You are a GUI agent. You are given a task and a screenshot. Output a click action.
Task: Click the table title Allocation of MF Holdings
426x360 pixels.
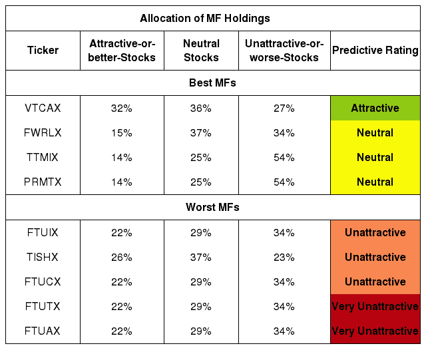pos(205,18)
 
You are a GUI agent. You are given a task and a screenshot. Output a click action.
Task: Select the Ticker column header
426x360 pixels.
pos(43,51)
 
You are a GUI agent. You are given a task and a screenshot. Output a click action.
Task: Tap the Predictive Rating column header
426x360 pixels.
pos(375,51)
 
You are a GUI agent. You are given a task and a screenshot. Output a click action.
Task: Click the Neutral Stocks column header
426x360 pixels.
pos(201,51)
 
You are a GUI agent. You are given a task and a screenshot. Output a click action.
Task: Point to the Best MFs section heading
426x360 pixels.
pos(212,83)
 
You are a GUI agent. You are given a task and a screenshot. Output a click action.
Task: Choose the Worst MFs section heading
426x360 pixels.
pos(212,207)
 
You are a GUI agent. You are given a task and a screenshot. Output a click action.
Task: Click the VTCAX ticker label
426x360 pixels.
pos(43,108)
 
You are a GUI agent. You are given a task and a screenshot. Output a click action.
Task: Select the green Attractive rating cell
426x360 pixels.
pos(375,108)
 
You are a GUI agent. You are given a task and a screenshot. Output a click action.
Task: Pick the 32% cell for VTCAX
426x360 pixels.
pos(121,108)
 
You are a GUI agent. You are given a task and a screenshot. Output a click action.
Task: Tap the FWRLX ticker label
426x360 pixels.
pos(43,132)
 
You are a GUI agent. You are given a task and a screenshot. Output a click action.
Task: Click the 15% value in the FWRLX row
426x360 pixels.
pos(121,133)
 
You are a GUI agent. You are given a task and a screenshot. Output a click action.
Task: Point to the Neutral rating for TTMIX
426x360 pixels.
pos(375,157)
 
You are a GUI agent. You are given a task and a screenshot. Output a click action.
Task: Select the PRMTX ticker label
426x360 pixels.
pos(43,182)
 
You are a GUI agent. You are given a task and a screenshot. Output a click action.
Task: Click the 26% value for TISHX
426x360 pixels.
pos(121,258)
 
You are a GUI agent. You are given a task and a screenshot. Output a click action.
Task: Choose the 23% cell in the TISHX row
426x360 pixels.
pos(284,258)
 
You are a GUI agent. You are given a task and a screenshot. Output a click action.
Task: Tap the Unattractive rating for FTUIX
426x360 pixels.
pos(375,233)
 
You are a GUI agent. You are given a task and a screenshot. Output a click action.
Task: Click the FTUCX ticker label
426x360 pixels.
pos(43,281)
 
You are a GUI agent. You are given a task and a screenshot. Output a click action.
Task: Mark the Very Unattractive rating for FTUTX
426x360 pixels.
pos(375,307)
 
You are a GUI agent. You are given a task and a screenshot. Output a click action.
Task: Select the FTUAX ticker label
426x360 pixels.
pos(43,331)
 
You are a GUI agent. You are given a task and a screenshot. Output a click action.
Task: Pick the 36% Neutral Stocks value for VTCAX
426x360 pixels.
pos(201,108)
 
